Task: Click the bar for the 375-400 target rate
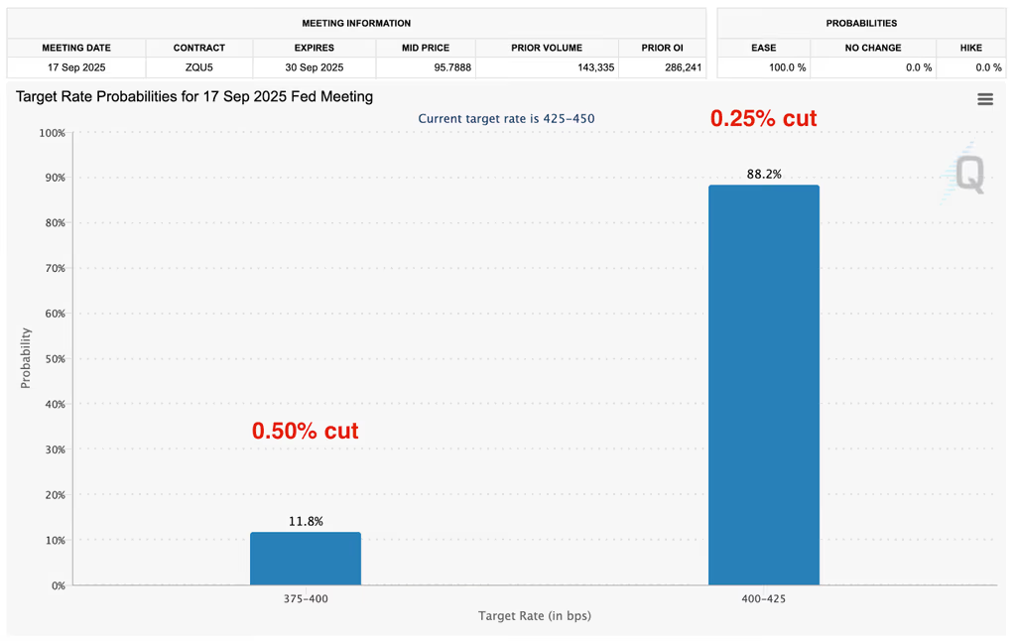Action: pos(306,559)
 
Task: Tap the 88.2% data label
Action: pos(764,175)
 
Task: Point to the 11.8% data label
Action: pos(306,522)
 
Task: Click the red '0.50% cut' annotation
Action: pos(305,432)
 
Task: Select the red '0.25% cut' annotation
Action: pos(763,118)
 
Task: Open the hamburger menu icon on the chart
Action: pos(984,99)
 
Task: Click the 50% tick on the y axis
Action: pos(53,359)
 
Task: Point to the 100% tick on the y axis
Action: pos(51,133)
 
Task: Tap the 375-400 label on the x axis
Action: pos(306,599)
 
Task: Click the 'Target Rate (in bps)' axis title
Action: pos(535,616)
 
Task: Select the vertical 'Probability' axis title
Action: pos(26,358)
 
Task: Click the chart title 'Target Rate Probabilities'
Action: pos(194,97)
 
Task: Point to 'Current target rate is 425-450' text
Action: pos(506,119)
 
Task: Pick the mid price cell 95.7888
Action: pos(425,67)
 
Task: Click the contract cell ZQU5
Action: pos(198,67)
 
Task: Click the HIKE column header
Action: pos(971,48)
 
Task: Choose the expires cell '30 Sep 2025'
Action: pos(314,67)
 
